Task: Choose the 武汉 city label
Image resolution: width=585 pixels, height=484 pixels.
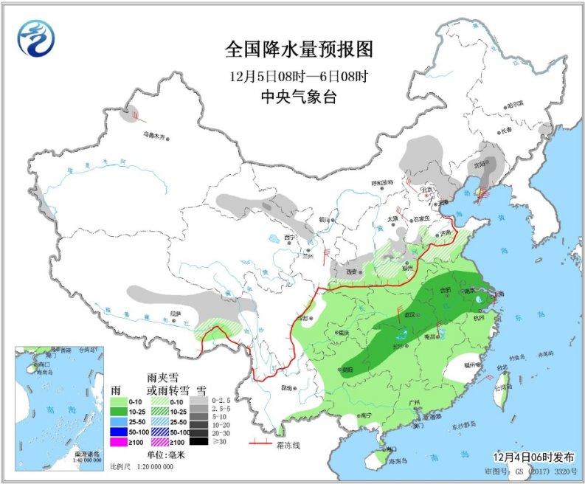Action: pyautogui.click(x=404, y=316)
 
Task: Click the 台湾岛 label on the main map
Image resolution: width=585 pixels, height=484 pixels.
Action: pyautogui.click(x=503, y=387)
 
